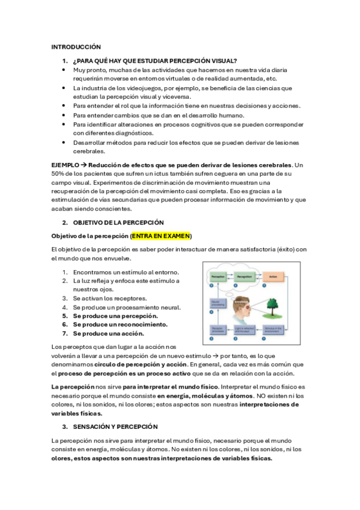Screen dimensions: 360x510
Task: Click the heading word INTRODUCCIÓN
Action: [76, 47]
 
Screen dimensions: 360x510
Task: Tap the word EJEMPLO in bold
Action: [65, 165]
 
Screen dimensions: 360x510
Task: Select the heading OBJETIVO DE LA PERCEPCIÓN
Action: [114, 223]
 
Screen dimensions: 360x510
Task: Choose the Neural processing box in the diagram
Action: [216, 304]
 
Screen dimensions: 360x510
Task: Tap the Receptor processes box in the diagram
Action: [216, 330]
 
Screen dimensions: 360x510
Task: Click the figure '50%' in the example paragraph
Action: [59, 174]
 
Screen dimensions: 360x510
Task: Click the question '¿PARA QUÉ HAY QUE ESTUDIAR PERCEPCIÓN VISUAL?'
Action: [155, 61]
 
